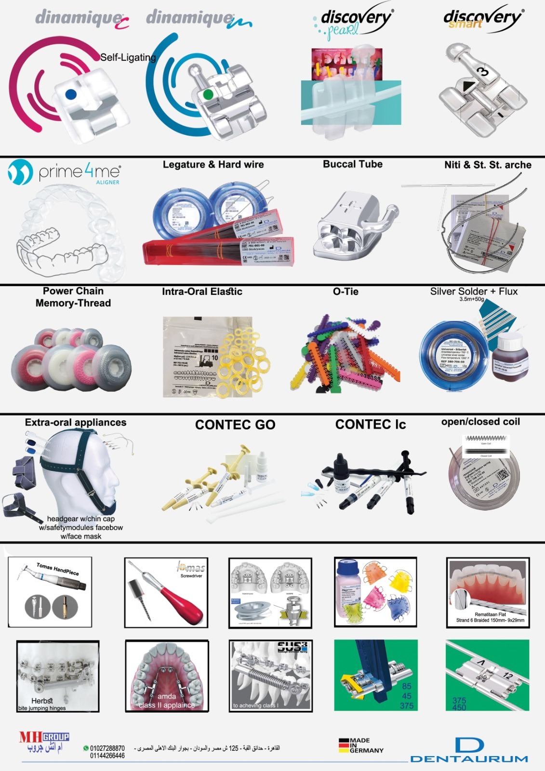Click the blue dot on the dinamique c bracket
pos(71,94)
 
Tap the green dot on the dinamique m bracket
pos(208,94)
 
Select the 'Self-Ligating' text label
pos(128,57)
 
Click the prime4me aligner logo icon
pos(20,172)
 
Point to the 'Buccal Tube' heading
pos(353,164)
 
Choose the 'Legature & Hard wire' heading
pos(213,165)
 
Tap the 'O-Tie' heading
pos(346,292)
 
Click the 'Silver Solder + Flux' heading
pos(474,292)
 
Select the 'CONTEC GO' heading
pos(235,425)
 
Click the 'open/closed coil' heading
pos(480,422)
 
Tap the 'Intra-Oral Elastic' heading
pos(202,292)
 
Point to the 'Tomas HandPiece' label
pos(58,569)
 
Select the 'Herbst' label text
pos(42,701)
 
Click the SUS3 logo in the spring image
pos(292,647)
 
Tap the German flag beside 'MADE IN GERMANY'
pos(343,745)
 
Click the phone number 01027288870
pos(107,748)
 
